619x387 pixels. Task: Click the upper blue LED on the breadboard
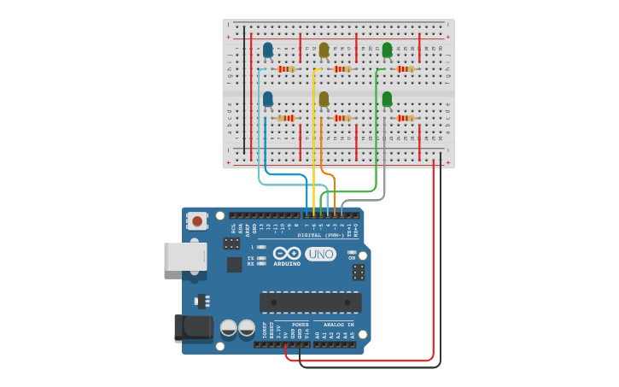tap(268, 50)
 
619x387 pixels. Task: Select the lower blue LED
tap(268, 99)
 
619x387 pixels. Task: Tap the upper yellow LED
tap(324, 50)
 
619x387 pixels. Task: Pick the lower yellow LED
tap(324, 99)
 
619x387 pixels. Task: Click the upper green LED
tap(387, 50)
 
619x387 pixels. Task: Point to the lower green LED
tap(387, 99)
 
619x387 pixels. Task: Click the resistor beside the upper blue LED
tap(287, 69)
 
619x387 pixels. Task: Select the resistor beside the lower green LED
tap(406, 118)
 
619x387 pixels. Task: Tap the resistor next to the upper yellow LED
tap(342, 69)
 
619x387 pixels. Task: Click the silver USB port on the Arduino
tap(185, 256)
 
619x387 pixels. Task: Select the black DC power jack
tap(191, 329)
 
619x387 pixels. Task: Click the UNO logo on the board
tap(320, 254)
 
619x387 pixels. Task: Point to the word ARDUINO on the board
tap(287, 264)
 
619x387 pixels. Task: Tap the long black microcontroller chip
tap(311, 302)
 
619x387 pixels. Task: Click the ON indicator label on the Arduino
tap(352, 257)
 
